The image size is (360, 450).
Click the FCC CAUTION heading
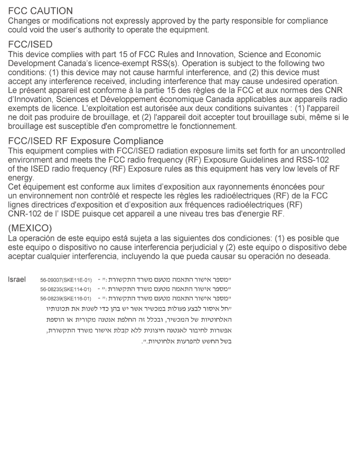click(41, 11)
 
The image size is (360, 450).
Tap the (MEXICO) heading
click(30, 229)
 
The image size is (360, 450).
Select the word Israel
click(17, 278)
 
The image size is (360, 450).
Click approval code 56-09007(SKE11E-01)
click(65, 279)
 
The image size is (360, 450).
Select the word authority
click(93, 30)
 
